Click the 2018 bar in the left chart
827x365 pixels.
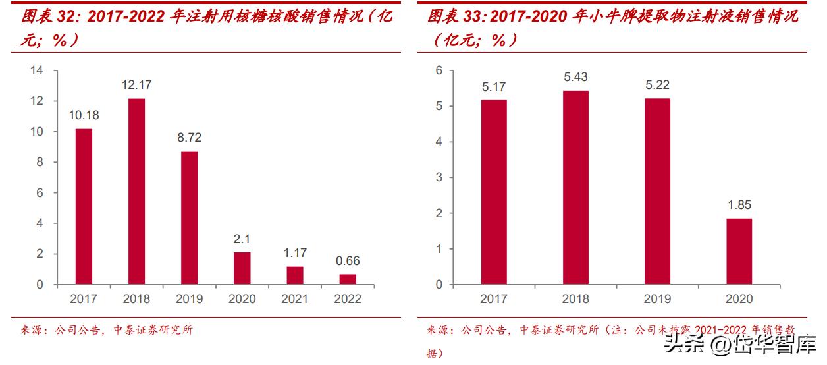tap(136, 191)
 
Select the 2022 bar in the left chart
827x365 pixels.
tap(347, 279)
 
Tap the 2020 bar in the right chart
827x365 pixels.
tap(739, 251)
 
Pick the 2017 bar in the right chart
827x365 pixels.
tap(494, 192)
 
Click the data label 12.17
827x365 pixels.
tap(136, 85)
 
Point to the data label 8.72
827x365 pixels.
tap(189, 138)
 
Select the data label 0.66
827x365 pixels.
tap(347, 260)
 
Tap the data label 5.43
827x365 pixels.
tap(575, 77)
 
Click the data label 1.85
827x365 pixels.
tap(739, 205)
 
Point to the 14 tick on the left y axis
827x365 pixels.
tap(38, 70)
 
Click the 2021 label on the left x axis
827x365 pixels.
tap(294, 299)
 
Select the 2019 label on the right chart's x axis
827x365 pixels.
tap(656, 299)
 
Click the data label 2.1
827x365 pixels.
tap(242, 239)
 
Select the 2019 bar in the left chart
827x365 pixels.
tap(189, 217)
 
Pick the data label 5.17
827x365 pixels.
tap(494, 86)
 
